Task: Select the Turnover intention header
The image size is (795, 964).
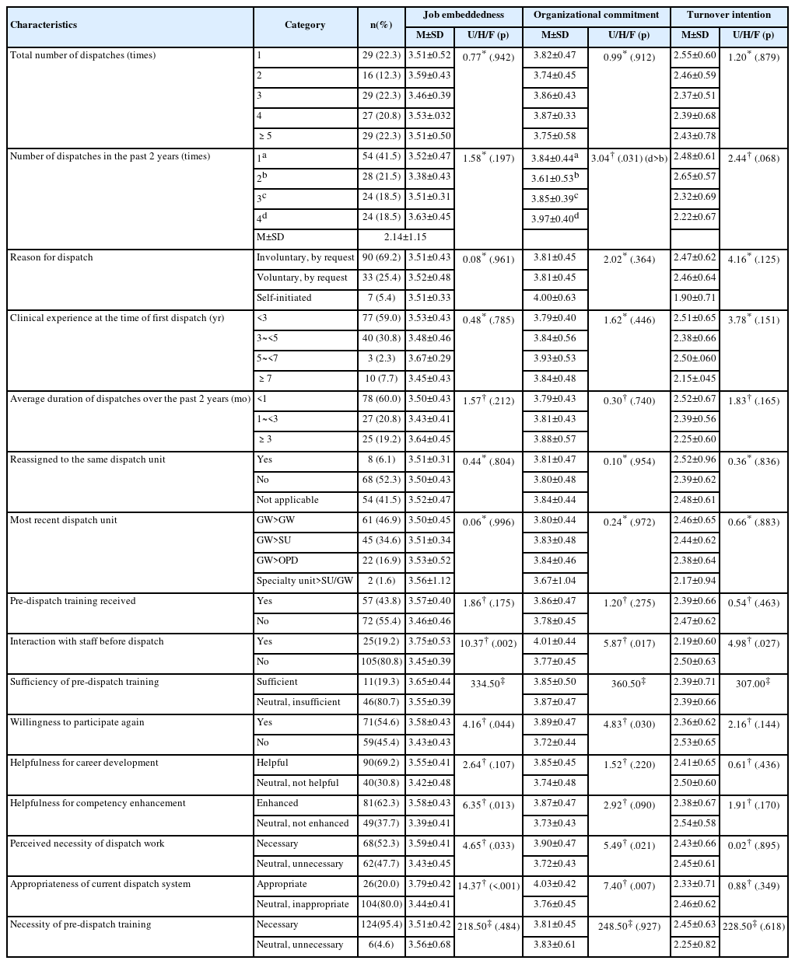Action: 729,15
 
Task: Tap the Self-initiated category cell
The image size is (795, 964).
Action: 284,298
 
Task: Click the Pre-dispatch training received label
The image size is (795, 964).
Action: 72,601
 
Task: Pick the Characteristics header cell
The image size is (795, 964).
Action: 44,24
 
